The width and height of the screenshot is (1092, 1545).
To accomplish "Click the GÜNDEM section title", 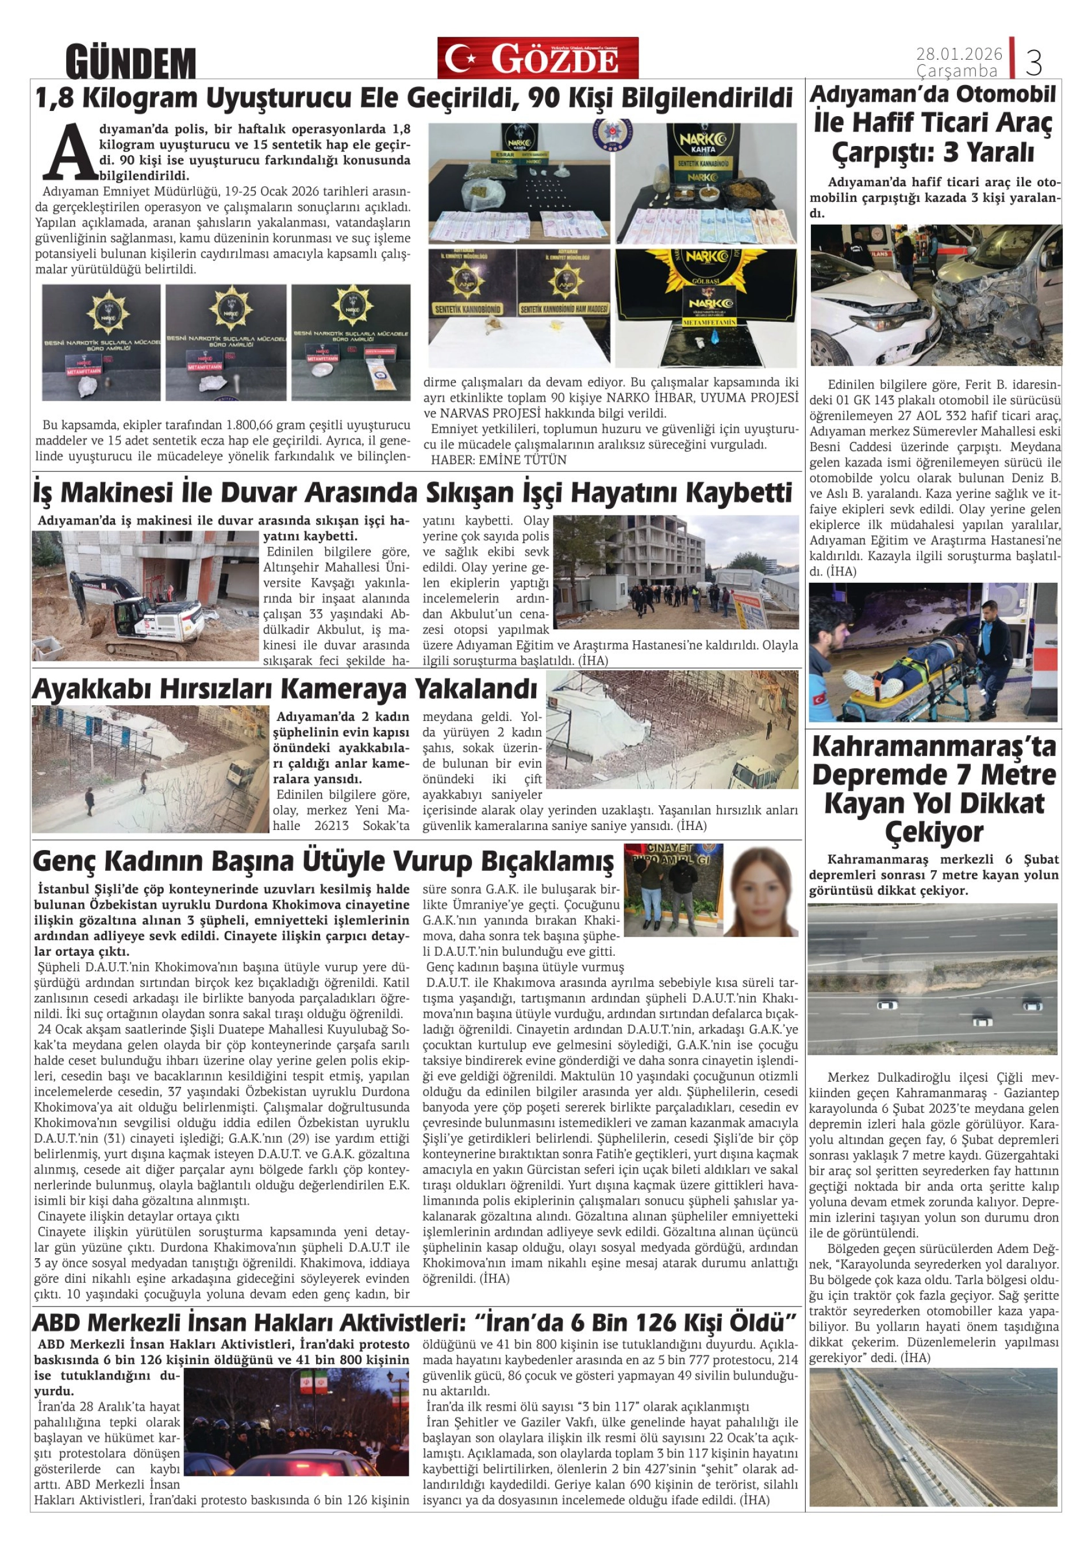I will pyautogui.click(x=130, y=63).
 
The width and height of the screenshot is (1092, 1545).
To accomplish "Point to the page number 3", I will pyautogui.click(x=1033, y=62).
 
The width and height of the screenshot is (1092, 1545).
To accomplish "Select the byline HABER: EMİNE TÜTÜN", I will pyautogui.click(x=498, y=460).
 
